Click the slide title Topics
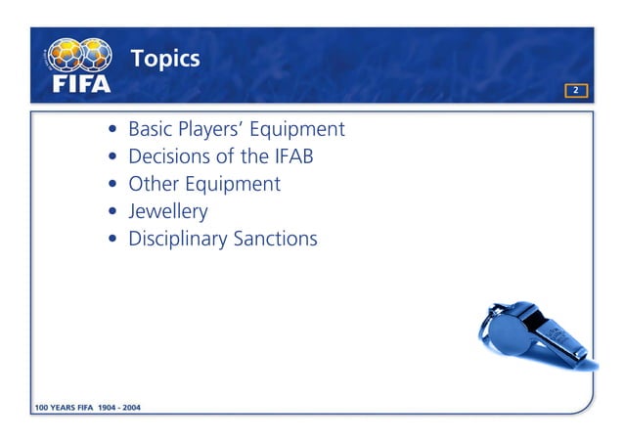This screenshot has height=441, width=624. tap(165, 59)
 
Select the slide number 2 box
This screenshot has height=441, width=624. tap(576, 91)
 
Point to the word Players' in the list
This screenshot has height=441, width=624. tap(217, 129)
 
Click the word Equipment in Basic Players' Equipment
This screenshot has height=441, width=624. tap(302, 130)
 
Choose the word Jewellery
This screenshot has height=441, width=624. tap(168, 211)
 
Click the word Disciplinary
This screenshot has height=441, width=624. tap(177, 239)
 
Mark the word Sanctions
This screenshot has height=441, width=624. tap(275, 239)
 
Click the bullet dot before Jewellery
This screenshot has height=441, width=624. tap(116, 212)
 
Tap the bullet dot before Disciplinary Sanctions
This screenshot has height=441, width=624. tap(116, 240)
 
